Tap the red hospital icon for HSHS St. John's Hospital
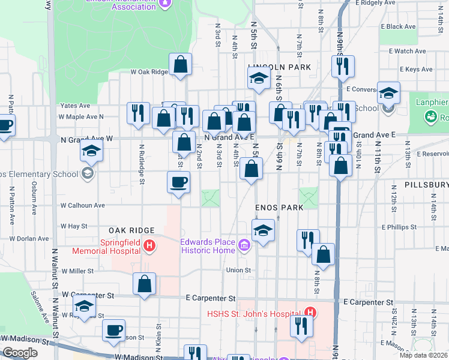(310, 313)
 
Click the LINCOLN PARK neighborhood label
(280, 67)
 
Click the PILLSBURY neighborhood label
(426, 185)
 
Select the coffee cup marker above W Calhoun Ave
(179, 182)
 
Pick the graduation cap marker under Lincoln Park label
(259, 79)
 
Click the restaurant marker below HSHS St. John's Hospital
(301, 326)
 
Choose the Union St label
(238, 270)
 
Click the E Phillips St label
(402, 227)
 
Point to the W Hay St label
(74, 226)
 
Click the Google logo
(20, 353)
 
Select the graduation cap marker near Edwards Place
(263, 230)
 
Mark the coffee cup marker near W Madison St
(113, 330)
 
